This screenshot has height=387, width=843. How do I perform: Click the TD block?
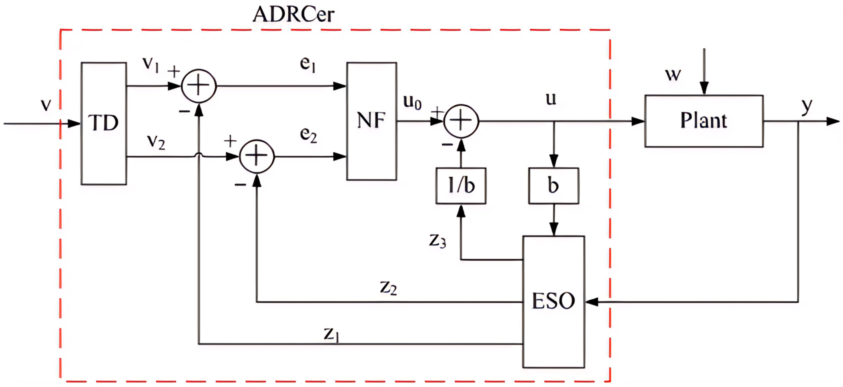pyautogui.click(x=104, y=123)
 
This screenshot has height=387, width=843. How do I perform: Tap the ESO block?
pyautogui.click(x=553, y=301)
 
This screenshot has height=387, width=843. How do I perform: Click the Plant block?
pyautogui.click(x=704, y=121)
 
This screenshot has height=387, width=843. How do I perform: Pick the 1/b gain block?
pyautogui.click(x=461, y=186)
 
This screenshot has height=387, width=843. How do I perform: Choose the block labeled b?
pyautogui.click(x=553, y=186)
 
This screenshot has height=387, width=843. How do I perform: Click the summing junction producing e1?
pyautogui.click(x=199, y=86)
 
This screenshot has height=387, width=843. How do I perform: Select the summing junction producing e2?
pyautogui.click(x=257, y=156)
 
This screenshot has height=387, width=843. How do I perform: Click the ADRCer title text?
pyautogui.click(x=293, y=15)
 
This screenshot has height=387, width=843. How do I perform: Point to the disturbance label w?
pyautogui.click(x=673, y=75)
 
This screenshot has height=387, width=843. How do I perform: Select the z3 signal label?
pyautogui.click(x=438, y=241)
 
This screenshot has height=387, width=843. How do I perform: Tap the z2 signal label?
pyautogui.click(x=388, y=288)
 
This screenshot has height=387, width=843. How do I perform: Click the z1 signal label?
pyautogui.click(x=331, y=334)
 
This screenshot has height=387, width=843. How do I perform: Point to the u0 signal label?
pyautogui.click(x=412, y=102)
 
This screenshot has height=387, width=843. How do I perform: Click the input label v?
pyautogui.click(x=46, y=105)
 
